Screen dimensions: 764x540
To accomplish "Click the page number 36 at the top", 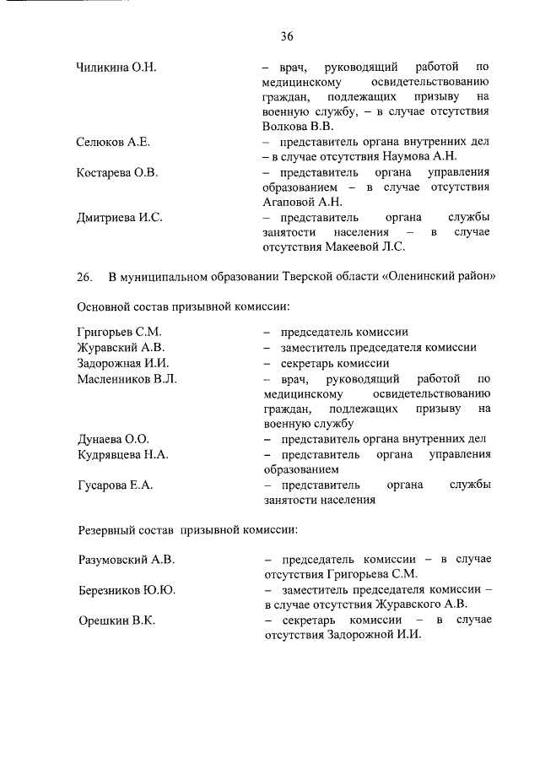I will [287, 36].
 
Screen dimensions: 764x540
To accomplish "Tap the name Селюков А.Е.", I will [113, 141].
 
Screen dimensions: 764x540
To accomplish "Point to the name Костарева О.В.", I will [117, 172].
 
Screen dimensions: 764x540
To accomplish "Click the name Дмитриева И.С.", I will [119, 217].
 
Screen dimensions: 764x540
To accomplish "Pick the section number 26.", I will [84, 278].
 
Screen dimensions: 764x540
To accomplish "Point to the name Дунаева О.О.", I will [112, 439].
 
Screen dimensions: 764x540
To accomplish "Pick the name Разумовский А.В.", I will [125, 560].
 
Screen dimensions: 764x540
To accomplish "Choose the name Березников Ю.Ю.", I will [126, 590].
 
